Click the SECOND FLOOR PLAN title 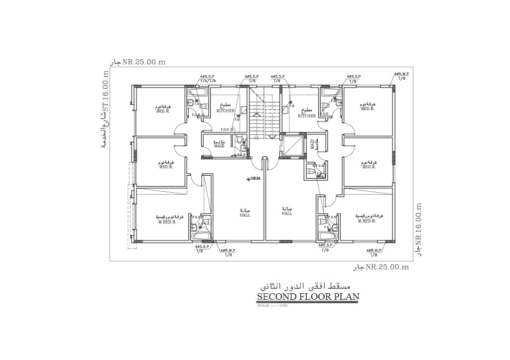click(308, 297)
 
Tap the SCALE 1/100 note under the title click(272, 305)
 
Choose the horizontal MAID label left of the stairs click(220, 146)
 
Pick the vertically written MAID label click(312, 144)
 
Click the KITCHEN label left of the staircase click(226, 111)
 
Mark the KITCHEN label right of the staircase click(307, 116)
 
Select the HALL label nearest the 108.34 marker click(245, 215)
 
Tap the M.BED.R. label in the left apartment click(167, 222)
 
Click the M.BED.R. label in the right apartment click(367, 220)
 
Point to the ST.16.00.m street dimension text click(105, 95)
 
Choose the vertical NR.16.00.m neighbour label click(419, 224)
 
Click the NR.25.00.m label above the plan click(143, 62)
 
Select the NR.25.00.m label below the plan click(387, 267)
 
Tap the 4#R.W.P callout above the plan click(401, 74)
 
